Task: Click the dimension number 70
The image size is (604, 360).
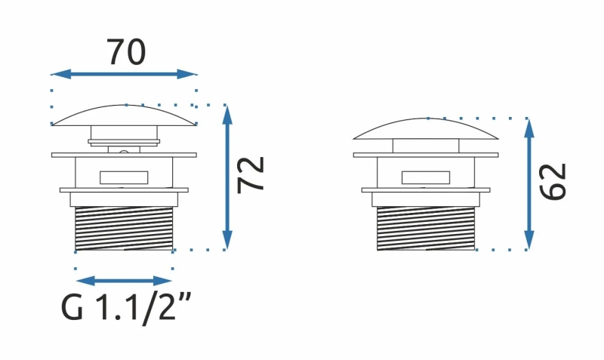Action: click(x=126, y=51)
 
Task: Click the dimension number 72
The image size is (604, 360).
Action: click(x=251, y=175)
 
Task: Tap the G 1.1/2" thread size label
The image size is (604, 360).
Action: click(x=126, y=307)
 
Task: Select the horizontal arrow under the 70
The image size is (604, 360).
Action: click(x=124, y=74)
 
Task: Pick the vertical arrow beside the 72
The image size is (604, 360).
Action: click(x=227, y=177)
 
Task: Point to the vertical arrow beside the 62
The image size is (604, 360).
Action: click(x=529, y=184)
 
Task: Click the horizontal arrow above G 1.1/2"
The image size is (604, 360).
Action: click(x=124, y=281)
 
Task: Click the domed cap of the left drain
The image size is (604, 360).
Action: click(x=124, y=115)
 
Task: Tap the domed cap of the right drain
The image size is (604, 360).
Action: click(x=426, y=128)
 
